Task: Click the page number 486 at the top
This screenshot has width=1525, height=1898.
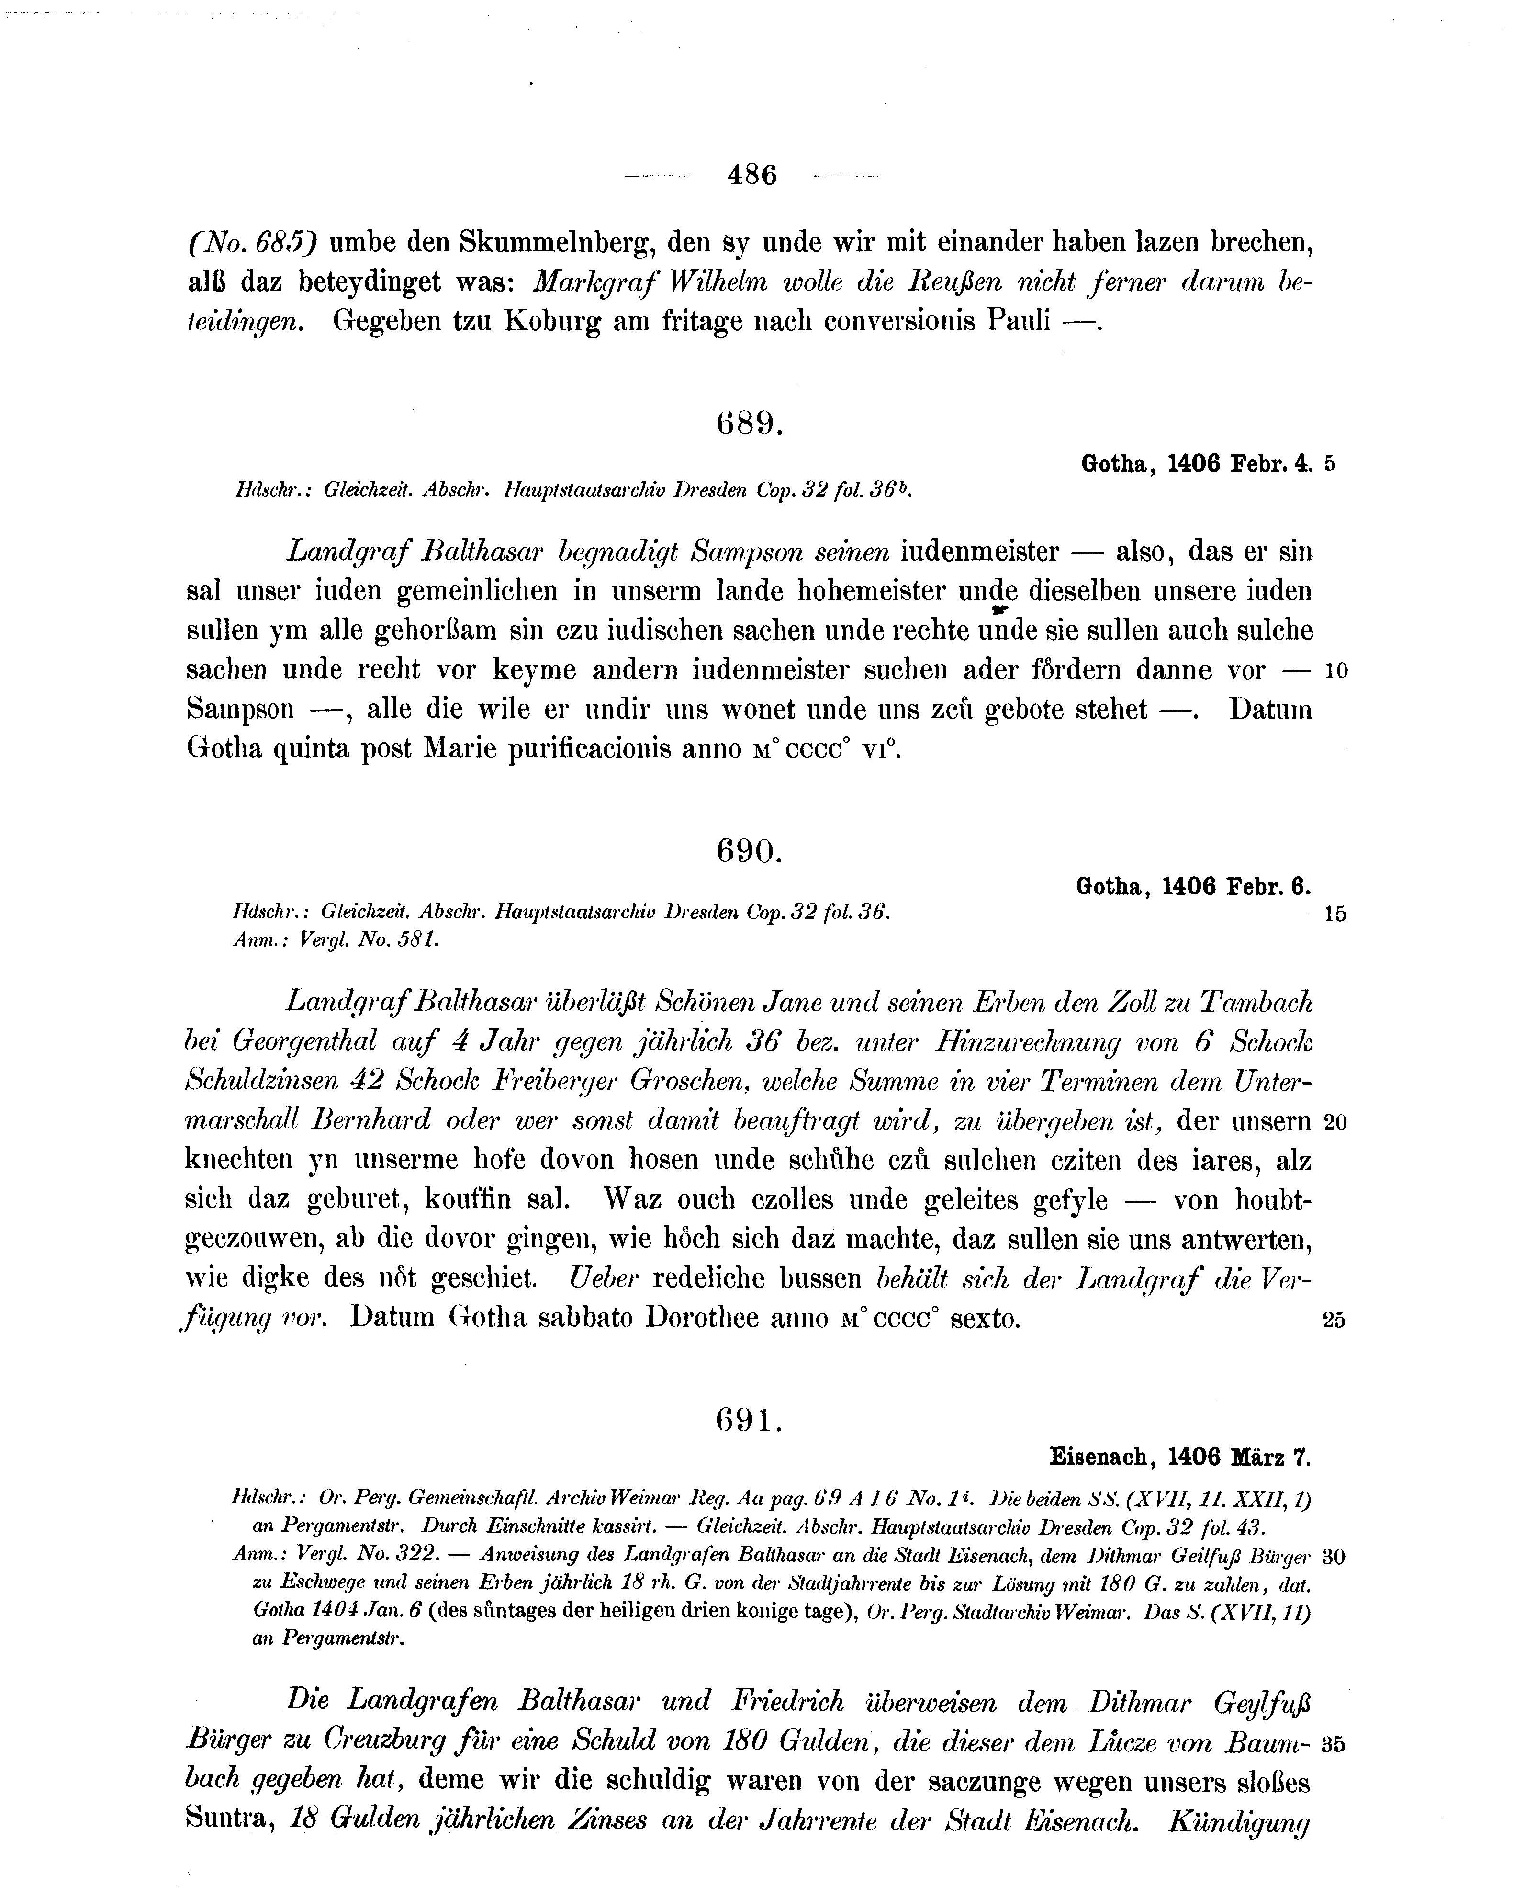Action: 752,175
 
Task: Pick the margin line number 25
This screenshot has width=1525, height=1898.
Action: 1334,1321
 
